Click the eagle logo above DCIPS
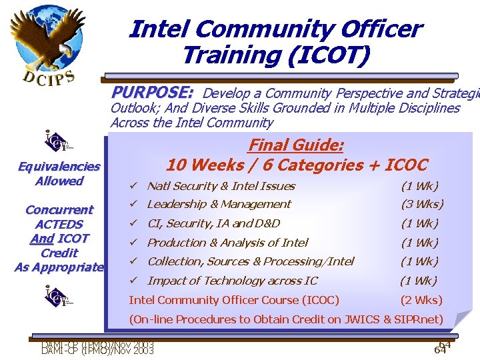pyautogui.click(x=41, y=37)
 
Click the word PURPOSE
pyautogui.click(x=152, y=92)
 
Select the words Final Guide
pyautogui.click(x=295, y=145)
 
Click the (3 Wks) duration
pyautogui.click(x=422, y=205)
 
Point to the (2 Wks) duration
pyautogui.click(x=421, y=300)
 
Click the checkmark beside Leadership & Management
pyautogui.click(x=134, y=205)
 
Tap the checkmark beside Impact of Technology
pyautogui.click(x=134, y=281)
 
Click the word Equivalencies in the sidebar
pyautogui.click(x=59, y=167)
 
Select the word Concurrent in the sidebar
pyautogui.click(x=59, y=210)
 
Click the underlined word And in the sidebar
pyautogui.click(x=41, y=239)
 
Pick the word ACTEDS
pyautogui.click(x=59, y=225)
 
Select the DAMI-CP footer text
pyautogui.click(x=97, y=347)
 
